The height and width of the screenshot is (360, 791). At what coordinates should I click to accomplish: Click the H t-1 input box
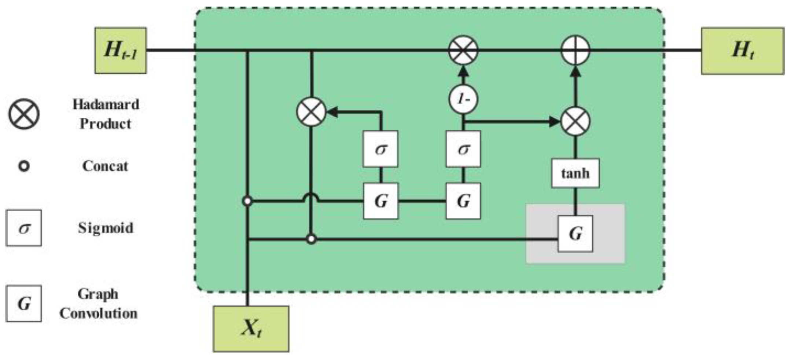coord(121,51)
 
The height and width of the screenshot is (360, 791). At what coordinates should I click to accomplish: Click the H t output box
coord(743,51)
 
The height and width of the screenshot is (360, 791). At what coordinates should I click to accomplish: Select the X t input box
coord(251,329)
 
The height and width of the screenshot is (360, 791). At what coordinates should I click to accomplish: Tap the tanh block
coord(575,173)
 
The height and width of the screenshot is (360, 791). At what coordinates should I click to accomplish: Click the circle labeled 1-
coord(463,99)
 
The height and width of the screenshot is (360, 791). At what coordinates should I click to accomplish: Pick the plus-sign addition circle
coord(575,50)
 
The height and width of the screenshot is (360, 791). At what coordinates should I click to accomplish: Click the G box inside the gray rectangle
coord(575,234)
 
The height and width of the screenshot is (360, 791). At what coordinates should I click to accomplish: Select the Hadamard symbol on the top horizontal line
coord(463,50)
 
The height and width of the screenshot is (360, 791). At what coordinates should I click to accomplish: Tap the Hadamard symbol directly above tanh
coord(575,121)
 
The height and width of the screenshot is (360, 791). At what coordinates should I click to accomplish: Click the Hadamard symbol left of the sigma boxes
coord(311,111)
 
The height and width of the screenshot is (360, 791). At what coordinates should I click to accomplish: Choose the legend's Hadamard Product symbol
coord(24,114)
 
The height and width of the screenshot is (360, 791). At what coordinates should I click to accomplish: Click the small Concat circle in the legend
coord(24,166)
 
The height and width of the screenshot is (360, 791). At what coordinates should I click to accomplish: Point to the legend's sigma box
coord(24,228)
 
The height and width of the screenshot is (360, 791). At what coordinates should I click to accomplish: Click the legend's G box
coord(24,304)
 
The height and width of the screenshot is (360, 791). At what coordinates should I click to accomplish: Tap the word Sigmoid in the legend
coord(106,228)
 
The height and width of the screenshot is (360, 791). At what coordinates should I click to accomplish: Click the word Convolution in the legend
coord(98,313)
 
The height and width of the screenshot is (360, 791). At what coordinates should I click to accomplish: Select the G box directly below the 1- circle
coord(463,201)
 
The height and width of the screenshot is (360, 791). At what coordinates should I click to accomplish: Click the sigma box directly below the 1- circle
coord(463,149)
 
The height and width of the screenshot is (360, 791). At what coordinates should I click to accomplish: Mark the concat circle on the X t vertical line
coord(247,201)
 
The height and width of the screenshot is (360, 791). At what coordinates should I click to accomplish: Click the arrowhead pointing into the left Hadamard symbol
coord(331,112)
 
